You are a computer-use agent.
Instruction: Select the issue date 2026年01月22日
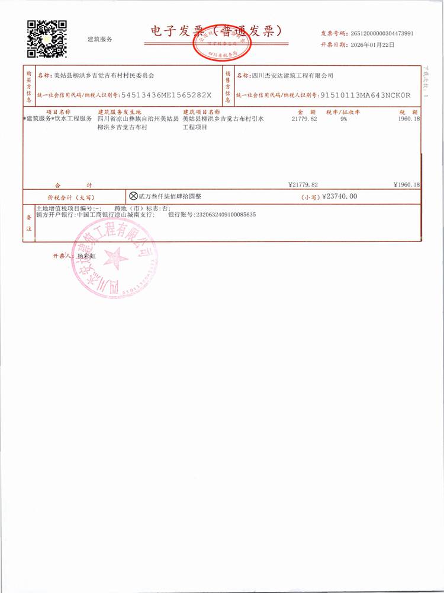(374, 44)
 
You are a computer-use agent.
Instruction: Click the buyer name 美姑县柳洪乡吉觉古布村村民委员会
(103, 75)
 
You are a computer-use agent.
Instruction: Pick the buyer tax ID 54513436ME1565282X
(166, 95)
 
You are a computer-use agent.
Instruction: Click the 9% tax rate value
(343, 119)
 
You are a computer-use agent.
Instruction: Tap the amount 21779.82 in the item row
(305, 119)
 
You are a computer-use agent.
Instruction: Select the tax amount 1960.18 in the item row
(408, 119)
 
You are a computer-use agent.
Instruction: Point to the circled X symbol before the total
(133, 195)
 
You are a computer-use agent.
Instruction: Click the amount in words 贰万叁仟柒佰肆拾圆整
(170, 196)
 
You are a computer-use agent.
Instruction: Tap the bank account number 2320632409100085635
(226, 214)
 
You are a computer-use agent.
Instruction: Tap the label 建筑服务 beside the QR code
(99, 39)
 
